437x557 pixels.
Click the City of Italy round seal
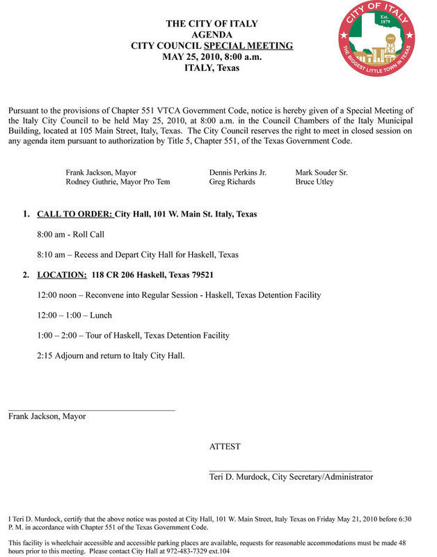pos(376,39)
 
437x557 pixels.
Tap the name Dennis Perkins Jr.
pos(237,172)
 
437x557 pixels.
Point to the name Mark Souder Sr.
pos(321,172)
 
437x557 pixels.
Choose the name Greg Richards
pos(232,182)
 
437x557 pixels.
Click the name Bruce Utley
pos(315,182)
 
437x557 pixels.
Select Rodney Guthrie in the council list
pos(93,182)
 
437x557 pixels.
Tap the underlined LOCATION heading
pos(62,275)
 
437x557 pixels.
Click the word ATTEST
pos(225,447)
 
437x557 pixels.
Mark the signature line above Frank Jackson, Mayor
pos(91,409)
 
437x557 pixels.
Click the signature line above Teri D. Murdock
pos(290,471)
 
